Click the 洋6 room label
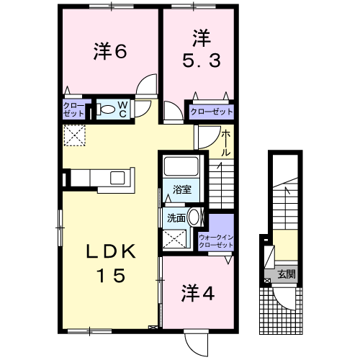tap(110, 51)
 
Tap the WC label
tap(122, 109)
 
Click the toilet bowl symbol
tap(107, 110)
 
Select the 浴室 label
tap(182, 190)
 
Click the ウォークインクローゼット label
tap(217, 240)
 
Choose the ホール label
tap(225, 143)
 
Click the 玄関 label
tap(286, 274)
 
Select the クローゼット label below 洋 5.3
tap(212, 111)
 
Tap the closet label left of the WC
tap(74, 110)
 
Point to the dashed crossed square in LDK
tap(74, 135)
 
